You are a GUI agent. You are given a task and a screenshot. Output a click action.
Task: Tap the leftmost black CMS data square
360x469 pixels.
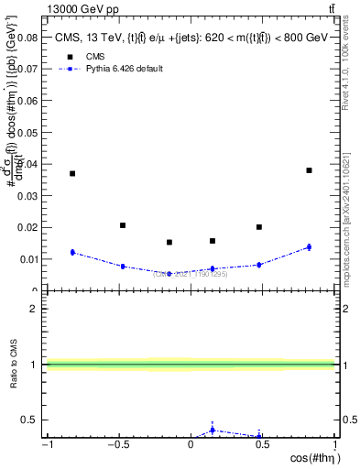tap(72, 173)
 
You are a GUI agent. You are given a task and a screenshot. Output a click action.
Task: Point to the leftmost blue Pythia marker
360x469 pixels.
tap(72, 252)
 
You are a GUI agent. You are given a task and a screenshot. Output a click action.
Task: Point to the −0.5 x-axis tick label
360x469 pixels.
tap(116, 446)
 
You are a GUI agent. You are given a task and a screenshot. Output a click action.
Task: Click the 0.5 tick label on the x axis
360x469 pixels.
tap(263, 446)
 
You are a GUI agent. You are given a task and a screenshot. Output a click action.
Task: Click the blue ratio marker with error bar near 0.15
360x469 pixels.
tap(213, 430)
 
